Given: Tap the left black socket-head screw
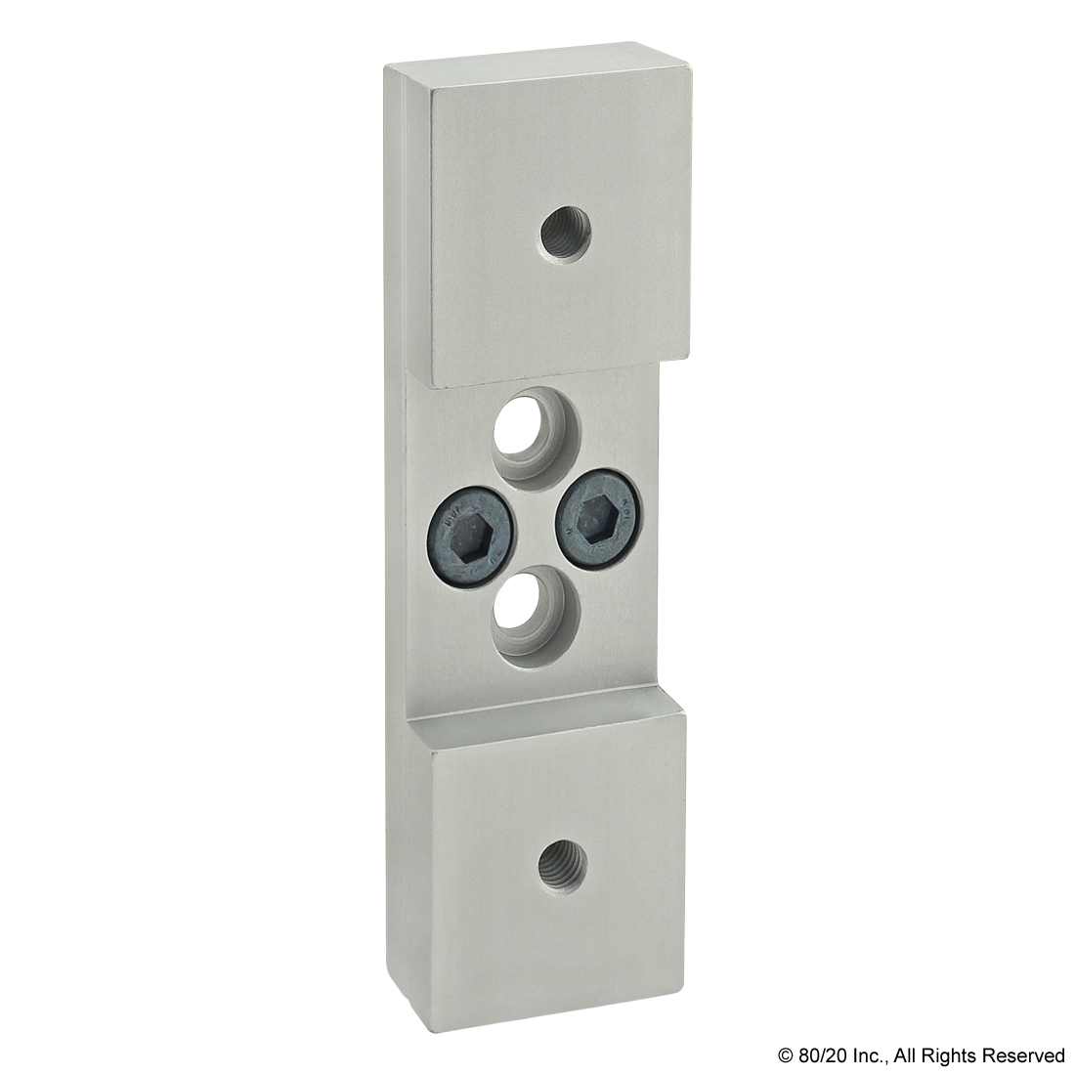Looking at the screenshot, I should [468, 536].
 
